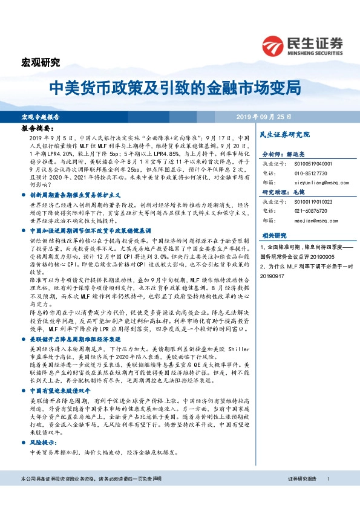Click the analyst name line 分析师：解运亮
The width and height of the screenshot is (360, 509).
pyautogui.click(x=284, y=154)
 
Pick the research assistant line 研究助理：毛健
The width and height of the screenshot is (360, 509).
pyautogui.click(x=284, y=192)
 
